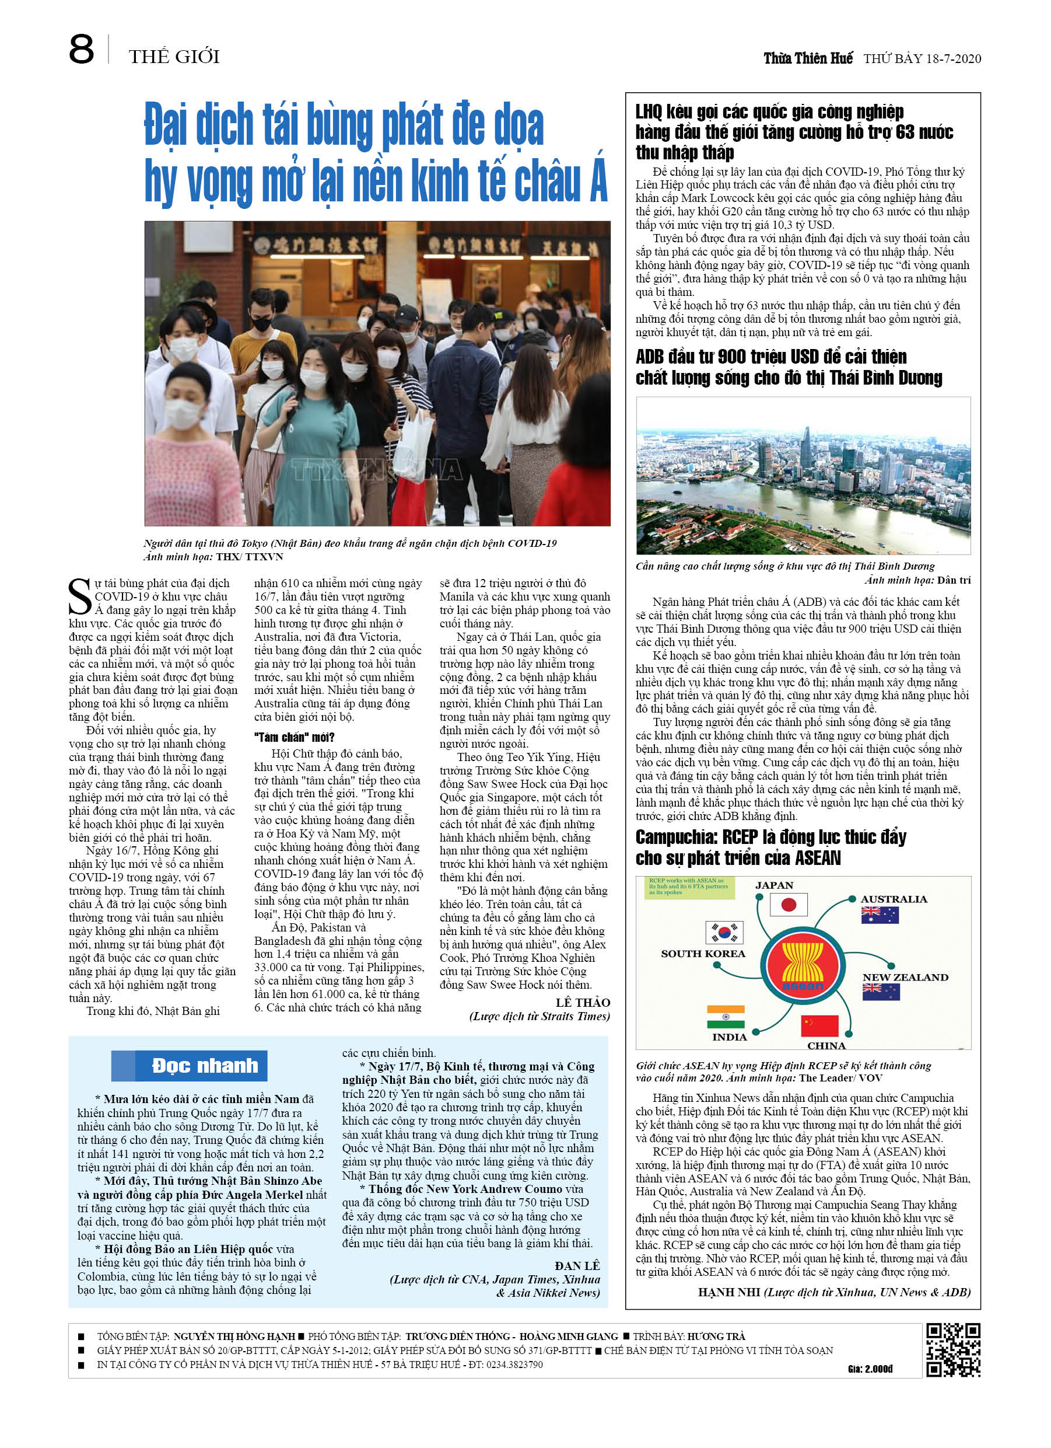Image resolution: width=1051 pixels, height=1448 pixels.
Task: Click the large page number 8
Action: point(81,50)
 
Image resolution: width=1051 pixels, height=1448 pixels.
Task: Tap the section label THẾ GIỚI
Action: point(174,57)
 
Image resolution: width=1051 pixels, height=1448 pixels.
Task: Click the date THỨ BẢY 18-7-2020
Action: point(922,59)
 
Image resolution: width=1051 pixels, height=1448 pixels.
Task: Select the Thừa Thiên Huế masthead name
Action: point(807,59)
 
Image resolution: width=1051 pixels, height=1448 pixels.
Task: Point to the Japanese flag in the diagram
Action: point(788,905)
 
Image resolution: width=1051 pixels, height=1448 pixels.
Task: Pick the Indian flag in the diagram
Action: point(726,1017)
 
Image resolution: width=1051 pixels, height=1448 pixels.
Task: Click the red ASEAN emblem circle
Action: point(802,965)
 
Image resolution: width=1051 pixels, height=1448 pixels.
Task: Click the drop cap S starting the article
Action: point(80,597)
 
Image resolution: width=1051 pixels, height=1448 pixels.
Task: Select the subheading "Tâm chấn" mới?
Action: point(294,737)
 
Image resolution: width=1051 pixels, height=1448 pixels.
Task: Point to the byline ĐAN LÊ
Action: point(577,1265)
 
